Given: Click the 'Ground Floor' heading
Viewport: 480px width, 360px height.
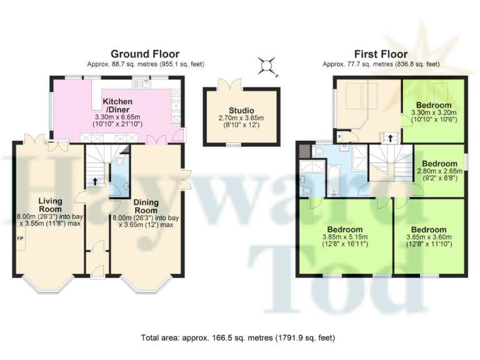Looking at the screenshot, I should tap(145, 54).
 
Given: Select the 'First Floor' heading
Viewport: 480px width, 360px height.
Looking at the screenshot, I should tap(381, 54).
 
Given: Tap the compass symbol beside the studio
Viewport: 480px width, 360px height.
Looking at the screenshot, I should tap(267, 64).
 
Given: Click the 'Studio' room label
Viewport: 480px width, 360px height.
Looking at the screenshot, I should tap(241, 111).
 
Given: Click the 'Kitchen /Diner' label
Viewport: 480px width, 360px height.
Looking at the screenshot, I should tap(118, 105).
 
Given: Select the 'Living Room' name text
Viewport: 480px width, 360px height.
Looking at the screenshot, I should tap(50, 204).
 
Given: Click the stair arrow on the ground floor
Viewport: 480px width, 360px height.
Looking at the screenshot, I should tap(95, 182).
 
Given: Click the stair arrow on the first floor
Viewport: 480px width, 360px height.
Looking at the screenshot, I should tap(391, 137).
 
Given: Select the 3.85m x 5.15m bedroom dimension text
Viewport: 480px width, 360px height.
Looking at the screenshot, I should tap(344, 241).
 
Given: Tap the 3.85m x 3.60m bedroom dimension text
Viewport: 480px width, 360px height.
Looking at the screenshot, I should tap(428, 241).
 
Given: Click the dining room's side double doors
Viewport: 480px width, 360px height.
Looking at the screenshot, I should tap(185, 180).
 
